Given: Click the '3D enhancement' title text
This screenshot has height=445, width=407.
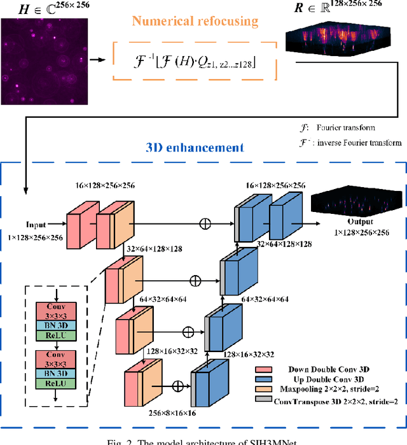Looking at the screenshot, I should tap(191, 148).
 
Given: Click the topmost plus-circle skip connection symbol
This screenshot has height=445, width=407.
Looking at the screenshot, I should tap(205, 224).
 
